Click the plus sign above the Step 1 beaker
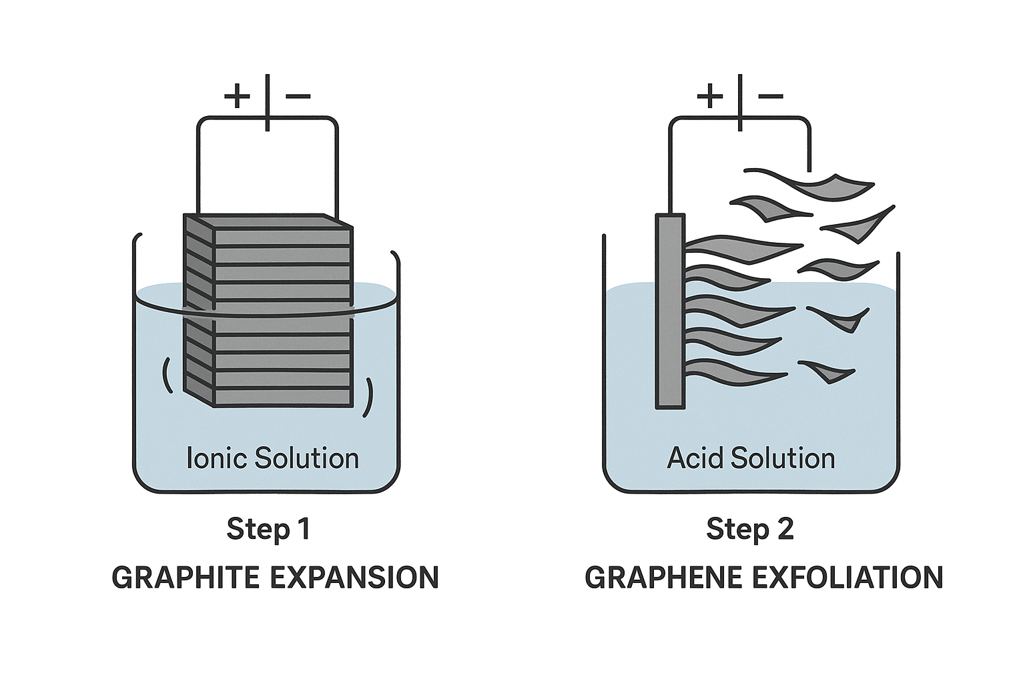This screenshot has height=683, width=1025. click(x=237, y=96)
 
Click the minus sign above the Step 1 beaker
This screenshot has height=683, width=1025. click(x=298, y=96)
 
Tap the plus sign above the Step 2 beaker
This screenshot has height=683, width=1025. click(x=710, y=96)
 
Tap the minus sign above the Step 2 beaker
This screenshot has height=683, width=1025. click(x=771, y=96)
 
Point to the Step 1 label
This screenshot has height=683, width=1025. click(x=269, y=530)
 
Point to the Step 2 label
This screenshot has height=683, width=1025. click(x=749, y=530)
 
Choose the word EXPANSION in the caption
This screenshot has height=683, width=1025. click(x=354, y=578)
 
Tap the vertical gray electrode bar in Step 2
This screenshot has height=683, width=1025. click(x=671, y=311)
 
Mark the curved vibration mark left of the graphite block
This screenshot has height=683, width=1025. click(x=167, y=375)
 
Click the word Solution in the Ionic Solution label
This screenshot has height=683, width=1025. click(x=306, y=458)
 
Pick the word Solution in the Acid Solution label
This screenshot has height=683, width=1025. click(x=783, y=458)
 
